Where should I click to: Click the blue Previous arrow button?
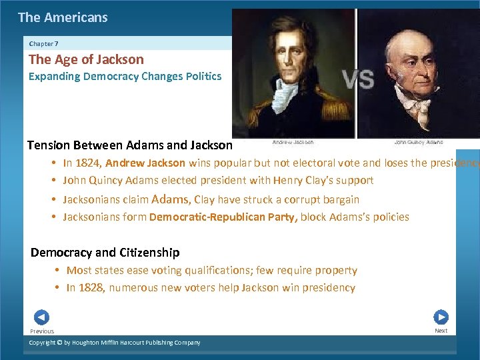(x=41, y=317)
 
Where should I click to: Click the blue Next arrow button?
(x=441, y=317)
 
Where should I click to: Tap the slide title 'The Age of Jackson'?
(x=86, y=59)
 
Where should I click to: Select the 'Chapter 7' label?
(x=43, y=43)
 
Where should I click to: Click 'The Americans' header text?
(x=63, y=18)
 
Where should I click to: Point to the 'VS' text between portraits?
(x=358, y=80)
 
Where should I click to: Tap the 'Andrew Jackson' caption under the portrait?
(x=293, y=142)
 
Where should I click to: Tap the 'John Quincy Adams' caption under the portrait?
(x=418, y=142)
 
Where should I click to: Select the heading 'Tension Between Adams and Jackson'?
(x=130, y=145)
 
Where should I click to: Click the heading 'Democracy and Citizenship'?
(x=105, y=253)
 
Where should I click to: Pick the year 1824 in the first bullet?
(x=89, y=163)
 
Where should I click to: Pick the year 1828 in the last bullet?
(x=93, y=288)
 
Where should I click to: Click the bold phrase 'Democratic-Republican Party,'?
(x=224, y=217)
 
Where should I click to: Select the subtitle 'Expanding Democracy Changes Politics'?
(x=125, y=76)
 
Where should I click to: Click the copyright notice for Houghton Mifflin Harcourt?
(x=114, y=343)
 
